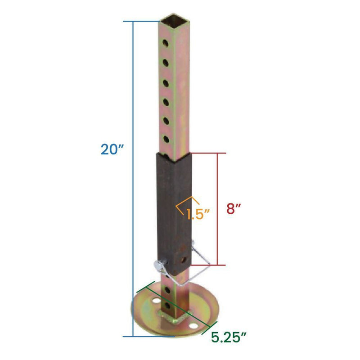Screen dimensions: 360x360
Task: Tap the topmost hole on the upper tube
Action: coord(166,44)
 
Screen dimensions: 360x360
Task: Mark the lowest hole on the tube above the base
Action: coord(168,306)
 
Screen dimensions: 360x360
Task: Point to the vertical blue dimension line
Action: coord(133,180)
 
